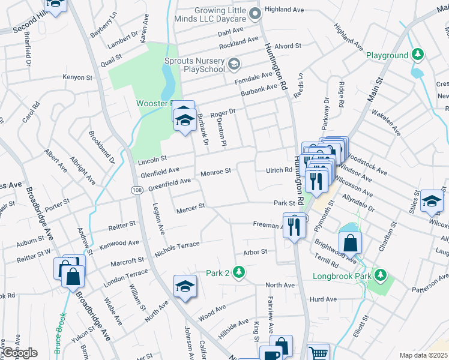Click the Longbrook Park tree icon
(x=379, y=275)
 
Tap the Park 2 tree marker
(x=239, y=272)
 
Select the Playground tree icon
(x=417, y=55)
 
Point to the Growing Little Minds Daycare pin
(x=255, y=13)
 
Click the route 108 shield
(x=136, y=189)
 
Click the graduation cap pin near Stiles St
(x=431, y=202)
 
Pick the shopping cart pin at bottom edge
(x=319, y=353)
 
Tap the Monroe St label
(x=215, y=172)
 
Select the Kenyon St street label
(x=78, y=77)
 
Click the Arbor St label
(x=255, y=252)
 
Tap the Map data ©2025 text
(x=424, y=355)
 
